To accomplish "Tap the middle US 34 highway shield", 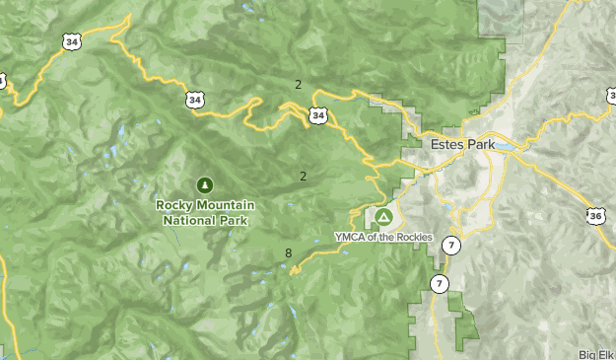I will coord(195,99).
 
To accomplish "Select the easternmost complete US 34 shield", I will coord(317,115).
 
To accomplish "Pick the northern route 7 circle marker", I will coord(450,246).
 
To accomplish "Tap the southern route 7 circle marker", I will coord(440,284).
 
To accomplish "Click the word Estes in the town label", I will coord(448,144).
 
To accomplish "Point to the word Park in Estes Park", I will coord(482,144).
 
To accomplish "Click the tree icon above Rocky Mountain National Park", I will coord(204,184).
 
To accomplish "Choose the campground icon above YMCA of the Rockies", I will coord(382,216).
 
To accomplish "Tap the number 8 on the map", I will coord(289,253).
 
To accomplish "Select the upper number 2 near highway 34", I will coord(298,85).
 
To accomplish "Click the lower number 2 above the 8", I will coord(303,177).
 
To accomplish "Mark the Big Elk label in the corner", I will coord(596,354).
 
